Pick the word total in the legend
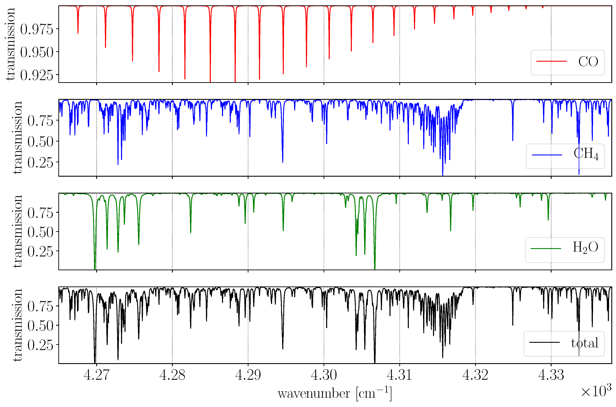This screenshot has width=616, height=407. coord(585,343)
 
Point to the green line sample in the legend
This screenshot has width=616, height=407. coord(546,248)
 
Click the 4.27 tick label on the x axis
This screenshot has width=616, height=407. coord(97,375)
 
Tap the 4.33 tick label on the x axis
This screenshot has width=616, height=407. coord(551,375)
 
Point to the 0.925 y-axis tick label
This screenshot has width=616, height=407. coord(37,75)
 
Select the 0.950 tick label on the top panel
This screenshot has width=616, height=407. coord(37,52)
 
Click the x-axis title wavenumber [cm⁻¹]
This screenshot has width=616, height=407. coord(334,394)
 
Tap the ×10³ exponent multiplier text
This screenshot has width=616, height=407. coord(596,391)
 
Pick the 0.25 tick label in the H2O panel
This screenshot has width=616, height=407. coord(40,251)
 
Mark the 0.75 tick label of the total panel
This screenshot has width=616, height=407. coord(40,307)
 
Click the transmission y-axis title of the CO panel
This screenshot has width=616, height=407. coord(10,44)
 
